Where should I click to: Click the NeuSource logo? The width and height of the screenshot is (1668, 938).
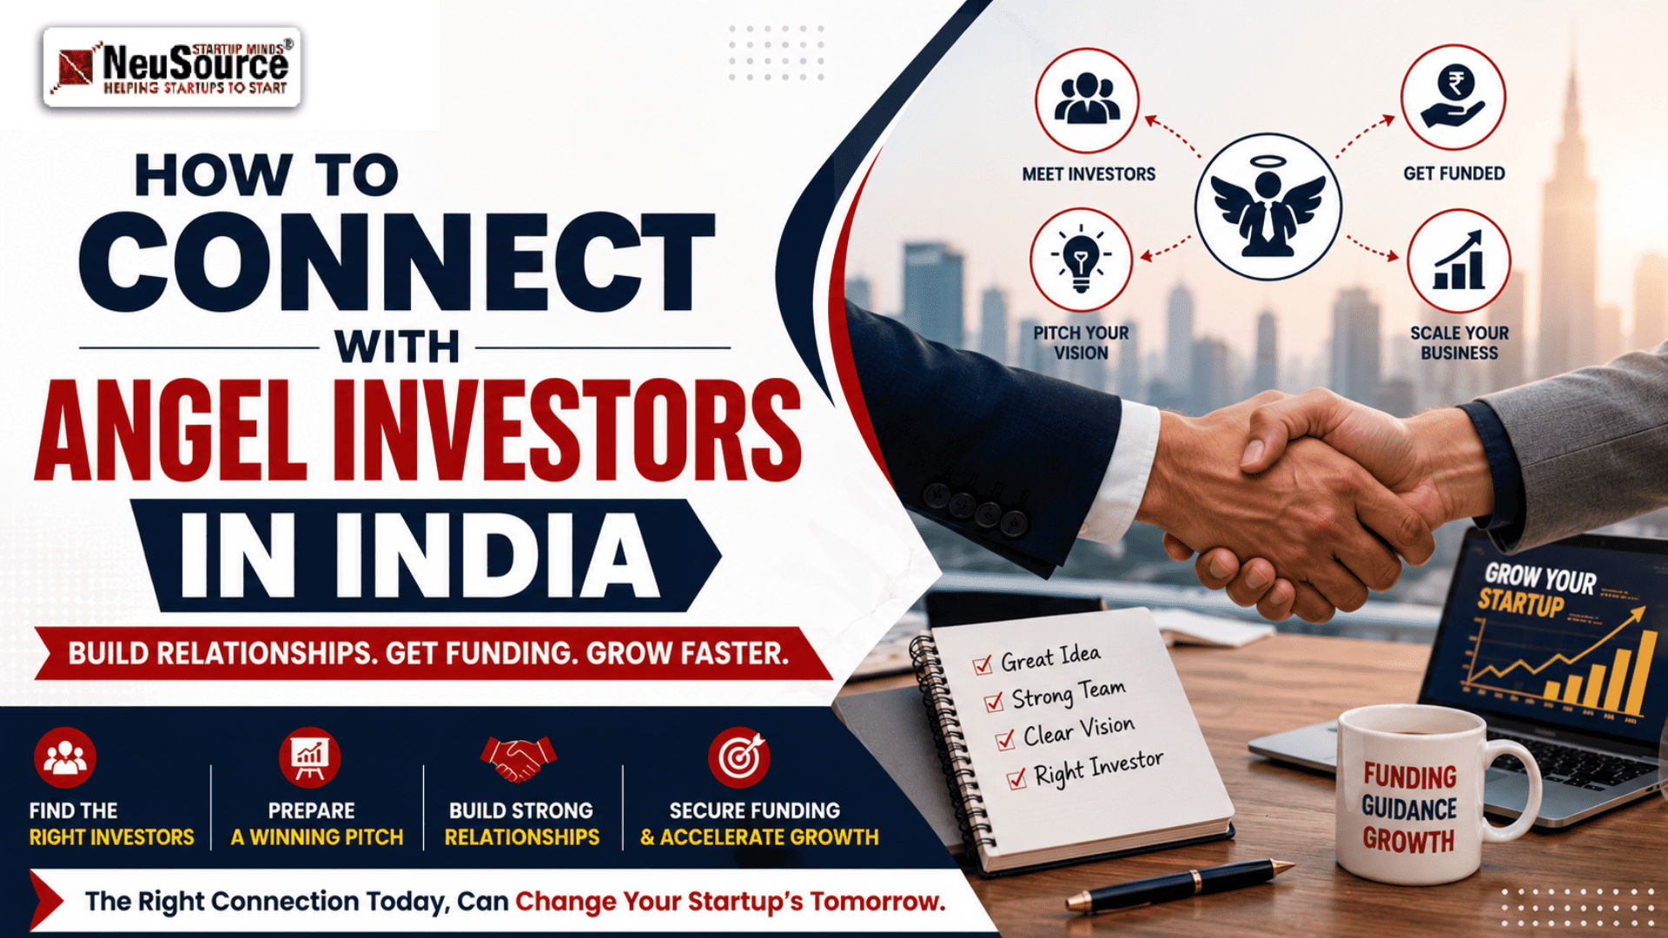172,67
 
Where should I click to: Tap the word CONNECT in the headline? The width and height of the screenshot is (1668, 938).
397,262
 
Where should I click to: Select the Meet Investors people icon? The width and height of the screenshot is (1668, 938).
1086,98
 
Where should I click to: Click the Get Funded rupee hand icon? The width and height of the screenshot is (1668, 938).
1453,97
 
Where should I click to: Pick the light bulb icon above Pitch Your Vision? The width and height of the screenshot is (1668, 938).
1081,259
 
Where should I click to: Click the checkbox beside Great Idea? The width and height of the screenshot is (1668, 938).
983,664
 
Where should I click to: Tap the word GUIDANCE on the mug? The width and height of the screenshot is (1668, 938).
1408,809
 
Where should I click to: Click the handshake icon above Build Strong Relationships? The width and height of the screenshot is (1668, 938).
518,757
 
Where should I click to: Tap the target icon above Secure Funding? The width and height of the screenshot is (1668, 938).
738,757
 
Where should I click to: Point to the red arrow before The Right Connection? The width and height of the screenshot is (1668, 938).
45,901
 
